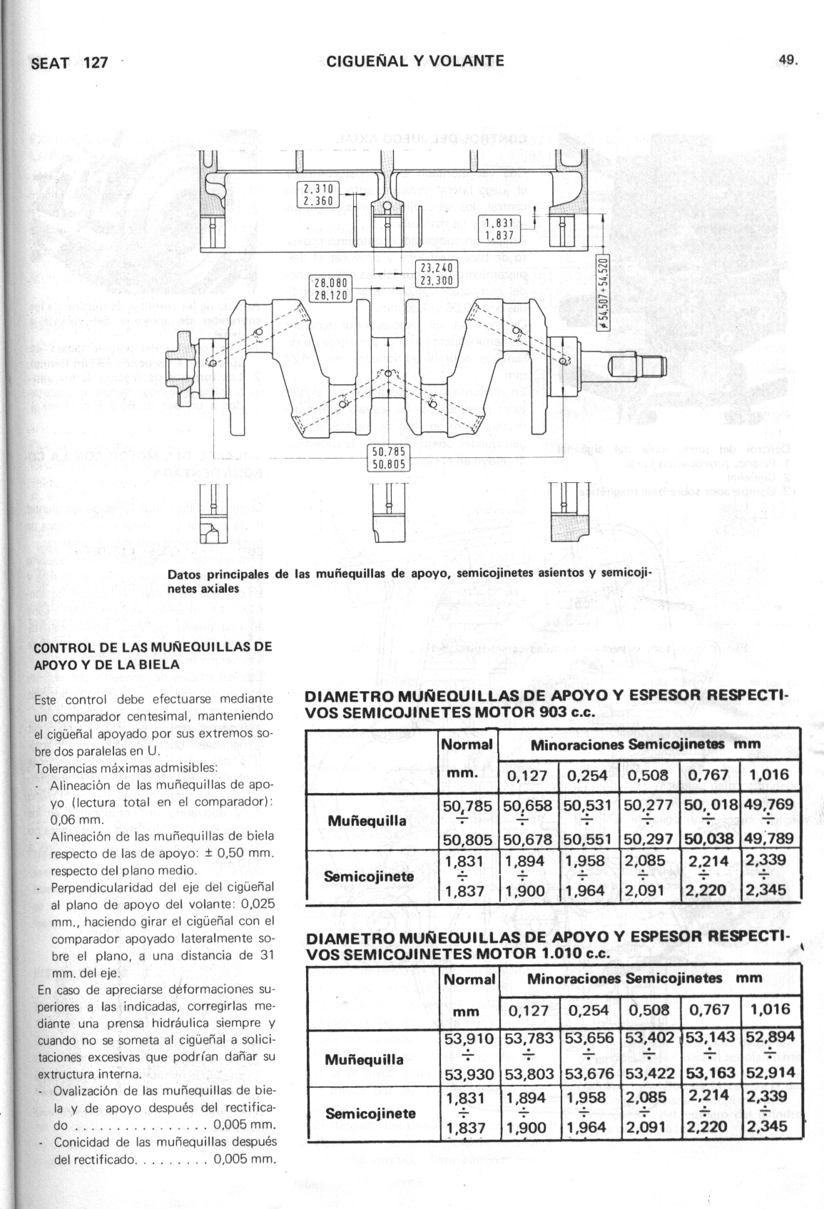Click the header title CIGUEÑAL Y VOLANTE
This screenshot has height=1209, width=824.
pyautogui.click(x=415, y=61)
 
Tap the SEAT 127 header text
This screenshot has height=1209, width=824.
pyautogui.click(x=69, y=63)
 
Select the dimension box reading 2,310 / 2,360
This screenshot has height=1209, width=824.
pyautogui.click(x=318, y=194)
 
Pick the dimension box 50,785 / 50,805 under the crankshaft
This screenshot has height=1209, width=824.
pyautogui.click(x=388, y=457)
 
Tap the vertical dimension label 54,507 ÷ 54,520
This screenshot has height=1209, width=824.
pyautogui.click(x=604, y=294)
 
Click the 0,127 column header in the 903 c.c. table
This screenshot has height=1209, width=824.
pyautogui.click(x=527, y=776)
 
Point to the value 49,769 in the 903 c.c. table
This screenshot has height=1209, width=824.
pyautogui.click(x=769, y=805)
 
